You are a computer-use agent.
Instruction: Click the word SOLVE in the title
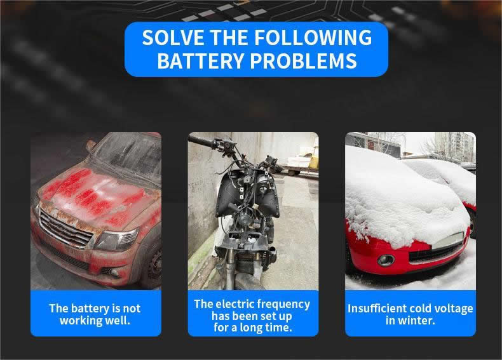[173, 37]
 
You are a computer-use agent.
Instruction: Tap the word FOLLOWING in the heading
[313, 37]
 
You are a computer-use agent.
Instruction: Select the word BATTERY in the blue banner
[200, 61]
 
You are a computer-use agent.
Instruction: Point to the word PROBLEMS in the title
[303, 61]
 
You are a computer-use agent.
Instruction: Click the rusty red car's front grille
[65, 228]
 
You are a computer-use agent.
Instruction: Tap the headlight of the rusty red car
[116, 239]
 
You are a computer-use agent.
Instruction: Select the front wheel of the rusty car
[153, 262]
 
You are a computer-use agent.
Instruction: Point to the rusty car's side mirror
[91, 145]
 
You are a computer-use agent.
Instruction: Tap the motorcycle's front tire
[248, 282]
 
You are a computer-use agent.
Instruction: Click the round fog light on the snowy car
[386, 260]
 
